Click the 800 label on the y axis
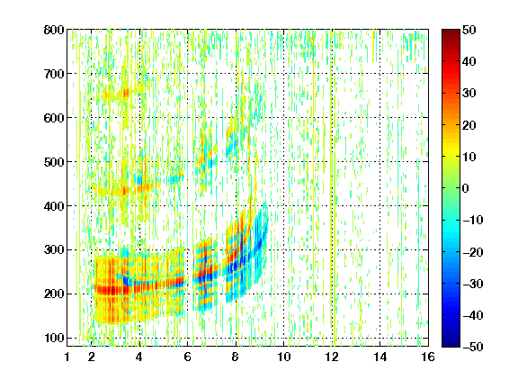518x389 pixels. coord(54,30)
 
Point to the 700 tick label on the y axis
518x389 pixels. coord(54,74)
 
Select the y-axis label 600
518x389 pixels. coord(54,118)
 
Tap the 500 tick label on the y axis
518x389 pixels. coord(54,162)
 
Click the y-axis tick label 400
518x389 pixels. coord(54,206)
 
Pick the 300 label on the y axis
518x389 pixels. coord(54,249)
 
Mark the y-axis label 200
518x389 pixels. coord(54,294)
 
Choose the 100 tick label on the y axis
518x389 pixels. coord(54,338)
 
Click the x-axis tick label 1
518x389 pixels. coord(67,357)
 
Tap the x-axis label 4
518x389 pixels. coord(139,357)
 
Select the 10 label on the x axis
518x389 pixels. coord(284,357)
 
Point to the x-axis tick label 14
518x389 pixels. coord(380,357)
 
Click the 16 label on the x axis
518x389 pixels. coord(428,357)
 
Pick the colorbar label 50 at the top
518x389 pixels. coord(469,30)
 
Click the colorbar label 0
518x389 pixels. coord(466,188)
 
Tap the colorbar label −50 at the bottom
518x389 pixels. coord(473,347)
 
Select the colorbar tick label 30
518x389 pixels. coord(469,94)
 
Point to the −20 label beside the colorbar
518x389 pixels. coord(473,252)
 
